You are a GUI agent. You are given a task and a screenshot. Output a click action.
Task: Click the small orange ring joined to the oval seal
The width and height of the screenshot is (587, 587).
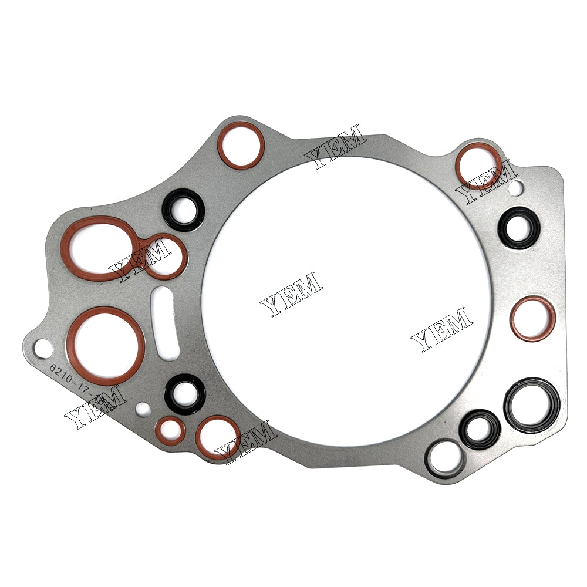tap(164, 257)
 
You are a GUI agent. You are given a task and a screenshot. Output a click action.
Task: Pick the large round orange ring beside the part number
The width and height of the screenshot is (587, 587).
tap(106, 346)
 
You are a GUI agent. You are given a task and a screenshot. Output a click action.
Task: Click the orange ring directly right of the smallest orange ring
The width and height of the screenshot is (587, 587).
tap(217, 437)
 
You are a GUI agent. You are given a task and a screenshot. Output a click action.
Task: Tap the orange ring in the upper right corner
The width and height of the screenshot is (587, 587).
tap(480, 166)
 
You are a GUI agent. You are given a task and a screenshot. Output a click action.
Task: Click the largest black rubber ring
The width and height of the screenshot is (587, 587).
tap(532, 404)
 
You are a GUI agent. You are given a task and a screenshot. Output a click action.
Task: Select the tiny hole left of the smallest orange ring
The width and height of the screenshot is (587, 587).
tap(140, 407)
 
